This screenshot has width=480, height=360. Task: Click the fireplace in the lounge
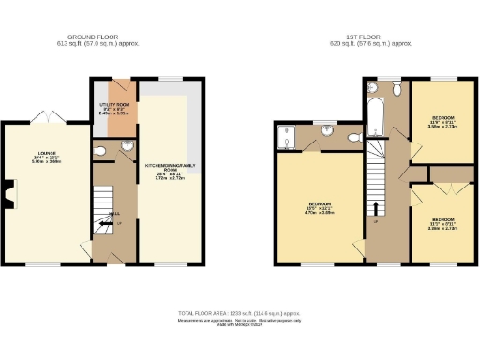pos(8,195)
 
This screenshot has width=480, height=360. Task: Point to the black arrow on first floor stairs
pos(378,208)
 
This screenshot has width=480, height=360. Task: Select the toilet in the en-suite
pos(353,138)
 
